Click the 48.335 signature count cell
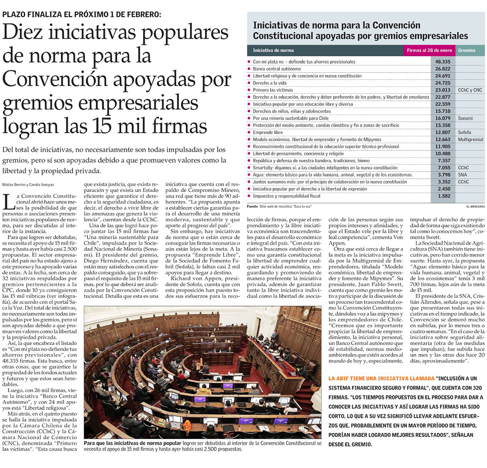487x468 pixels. coord(442,62)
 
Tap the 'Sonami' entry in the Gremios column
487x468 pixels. coord(465,119)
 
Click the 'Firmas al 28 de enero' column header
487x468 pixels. coord(429,50)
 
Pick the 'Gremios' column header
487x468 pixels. coord(467,50)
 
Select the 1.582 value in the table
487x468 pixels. coord(443,196)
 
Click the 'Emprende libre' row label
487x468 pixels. coord(268,133)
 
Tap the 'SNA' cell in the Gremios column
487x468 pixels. coord(463,175)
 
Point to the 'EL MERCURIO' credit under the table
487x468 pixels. coord(475,207)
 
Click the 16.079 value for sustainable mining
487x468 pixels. coord(443,119)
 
